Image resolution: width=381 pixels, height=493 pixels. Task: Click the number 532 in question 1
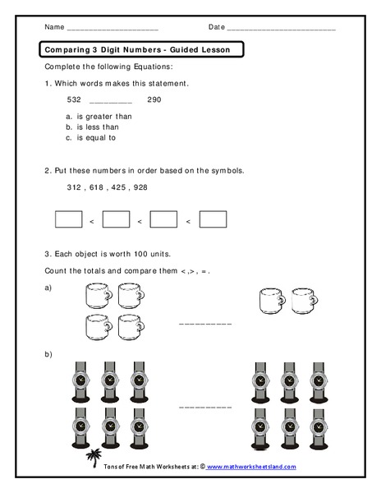pyautogui.click(x=74, y=99)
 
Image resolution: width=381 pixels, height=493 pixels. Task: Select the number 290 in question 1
pyautogui.click(x=154, y=99)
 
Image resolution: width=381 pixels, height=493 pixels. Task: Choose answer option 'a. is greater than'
pyautogui.click(x=98, y=116)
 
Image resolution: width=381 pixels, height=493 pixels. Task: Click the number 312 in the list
pyautogui.click(x=75, y=187)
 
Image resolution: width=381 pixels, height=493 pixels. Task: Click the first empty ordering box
pyautogui.click(x=68, y=219)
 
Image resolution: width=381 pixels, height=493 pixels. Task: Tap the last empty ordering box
pyautogui.click(x=213, y=219)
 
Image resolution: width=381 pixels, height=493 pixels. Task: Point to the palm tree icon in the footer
pyautogui.click(x=92, y=457)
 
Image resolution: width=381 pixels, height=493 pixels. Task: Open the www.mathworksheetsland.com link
pyautogui.click(x=250, y=466)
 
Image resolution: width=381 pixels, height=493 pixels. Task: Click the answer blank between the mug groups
pyautogui.click(x=205, y=325)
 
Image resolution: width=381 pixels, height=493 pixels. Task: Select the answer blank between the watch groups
pyautogui.click(x=205, y=406)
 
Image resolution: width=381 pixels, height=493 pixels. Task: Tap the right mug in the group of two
pyautogui.click(x=303, y=302)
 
